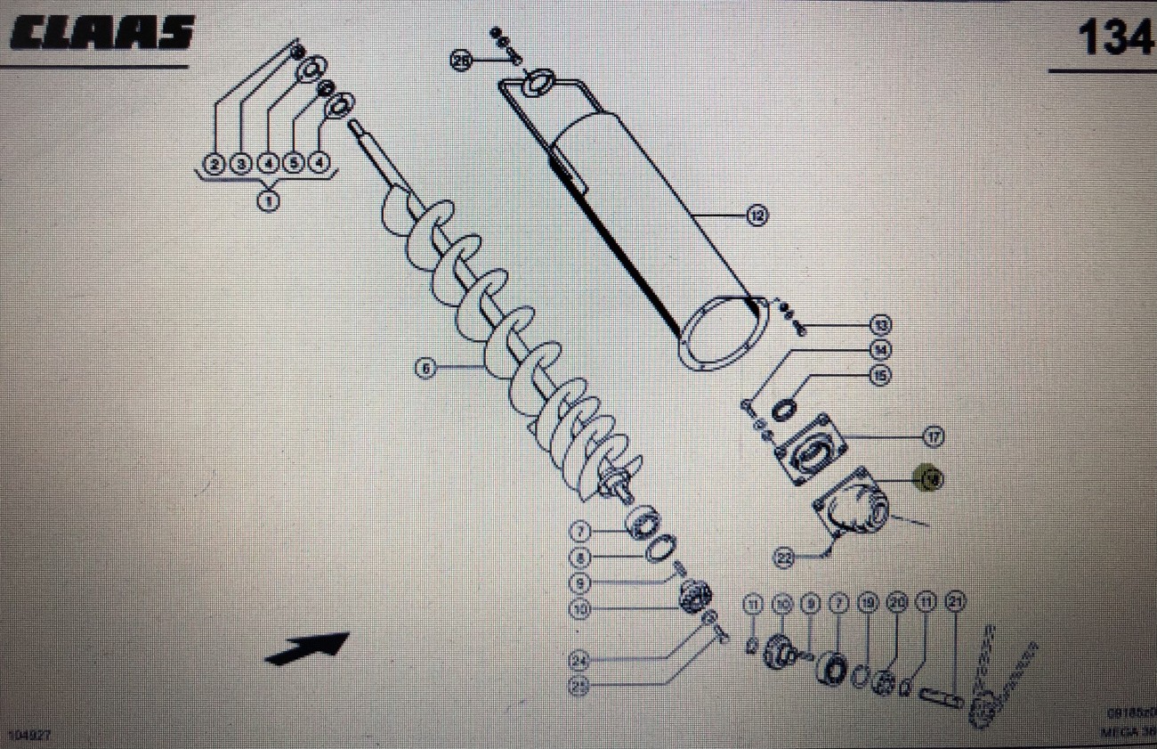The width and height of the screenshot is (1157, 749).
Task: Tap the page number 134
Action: click(x=1113, y=38)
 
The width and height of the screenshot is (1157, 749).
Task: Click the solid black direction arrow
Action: click(x=308, y=647)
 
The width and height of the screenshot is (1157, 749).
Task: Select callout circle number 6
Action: click(x=426, y=367)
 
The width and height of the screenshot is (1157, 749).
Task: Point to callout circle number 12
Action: click(x=756, y=215)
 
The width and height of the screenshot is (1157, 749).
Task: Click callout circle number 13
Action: click(x=880, y=324)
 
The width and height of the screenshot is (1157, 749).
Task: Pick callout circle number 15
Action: click(x=880, y=376)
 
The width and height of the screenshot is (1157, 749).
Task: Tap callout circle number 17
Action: click(x=933, y=436)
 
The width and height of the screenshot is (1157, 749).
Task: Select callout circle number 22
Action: click(x=784, y=558)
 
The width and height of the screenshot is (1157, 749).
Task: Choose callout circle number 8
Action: click(x=580, y=558)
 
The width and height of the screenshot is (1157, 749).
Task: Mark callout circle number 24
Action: click(x=580, y=660)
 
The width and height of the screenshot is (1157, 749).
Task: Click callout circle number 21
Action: click(x=955, y=604)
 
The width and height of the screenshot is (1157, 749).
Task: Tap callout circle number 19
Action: click(x=867, y=604)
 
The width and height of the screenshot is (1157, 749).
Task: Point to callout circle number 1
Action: click(x=268, y=200)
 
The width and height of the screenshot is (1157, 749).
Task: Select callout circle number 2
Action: click(x=214, y=163)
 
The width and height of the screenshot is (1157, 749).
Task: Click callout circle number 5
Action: click(x=294, y=163)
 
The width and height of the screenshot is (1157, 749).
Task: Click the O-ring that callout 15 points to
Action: click(x=784, y=411)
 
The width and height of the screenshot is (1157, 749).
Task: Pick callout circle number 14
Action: click(x=880, y=349)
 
